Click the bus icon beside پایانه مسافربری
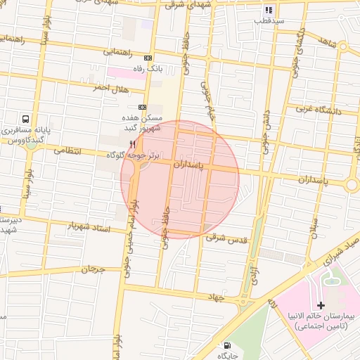pos(26,120)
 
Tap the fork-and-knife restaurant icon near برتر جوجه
pos(132,144)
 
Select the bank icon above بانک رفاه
pos(148,58)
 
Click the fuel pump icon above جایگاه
pos(226,345)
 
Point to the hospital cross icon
pos(321,306)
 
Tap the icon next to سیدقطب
pos(269,11)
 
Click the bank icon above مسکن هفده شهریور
pos(143,107)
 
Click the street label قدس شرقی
pos(227,239)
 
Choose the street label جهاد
pos(214,297)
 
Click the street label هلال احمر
pos(112,89)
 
